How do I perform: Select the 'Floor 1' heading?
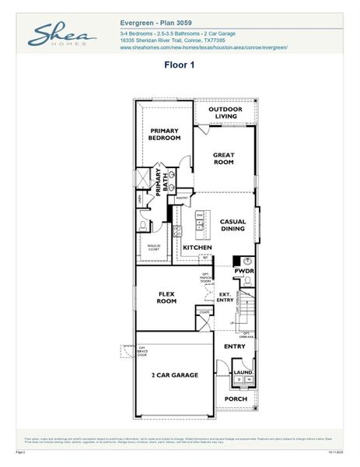(180, 66)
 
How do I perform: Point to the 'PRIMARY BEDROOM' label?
(165, 134)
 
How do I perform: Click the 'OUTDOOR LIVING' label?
(225, 113)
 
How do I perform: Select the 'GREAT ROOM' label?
(223, 158)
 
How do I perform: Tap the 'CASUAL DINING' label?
(232, 225)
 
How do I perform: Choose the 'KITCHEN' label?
(197, 248)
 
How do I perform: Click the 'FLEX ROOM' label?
(166, 298)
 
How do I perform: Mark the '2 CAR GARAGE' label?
(174, 375)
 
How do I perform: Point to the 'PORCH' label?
(235, 399)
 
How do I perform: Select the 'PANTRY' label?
(183, 198)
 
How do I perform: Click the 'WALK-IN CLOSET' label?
(154, 248)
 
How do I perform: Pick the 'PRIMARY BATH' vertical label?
(162, 182)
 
